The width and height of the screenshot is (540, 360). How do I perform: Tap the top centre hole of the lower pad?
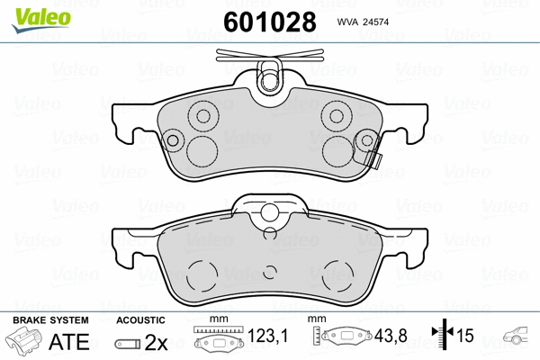[x=267, y=213]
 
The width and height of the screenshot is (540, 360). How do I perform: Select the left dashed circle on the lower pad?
[x=205, y=273]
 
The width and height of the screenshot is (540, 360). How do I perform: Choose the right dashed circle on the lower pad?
[x=338, y=273]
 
